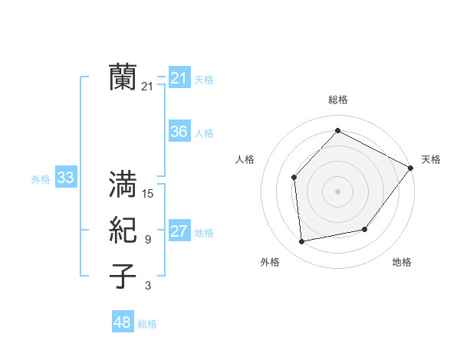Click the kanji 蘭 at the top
click(123, 77)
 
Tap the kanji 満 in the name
click(123, 185)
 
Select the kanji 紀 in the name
click(123, 231)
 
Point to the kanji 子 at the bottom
click(123, 277)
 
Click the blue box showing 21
click(179, 78)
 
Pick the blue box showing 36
click(179, 132)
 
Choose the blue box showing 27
click(179, 231)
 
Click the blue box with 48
click(123, 322)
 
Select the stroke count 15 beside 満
click(148, 194)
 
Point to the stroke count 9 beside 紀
click(148, 240)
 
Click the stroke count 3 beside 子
click(148, 286)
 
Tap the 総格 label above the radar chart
click(337, 100)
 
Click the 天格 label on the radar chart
click(431, 159)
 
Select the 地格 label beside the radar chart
click(402, 262)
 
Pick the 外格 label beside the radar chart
click(270, 262)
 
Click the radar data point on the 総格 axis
click(337, 130)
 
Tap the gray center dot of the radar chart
click(337, 191)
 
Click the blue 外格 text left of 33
click(41, 179)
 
